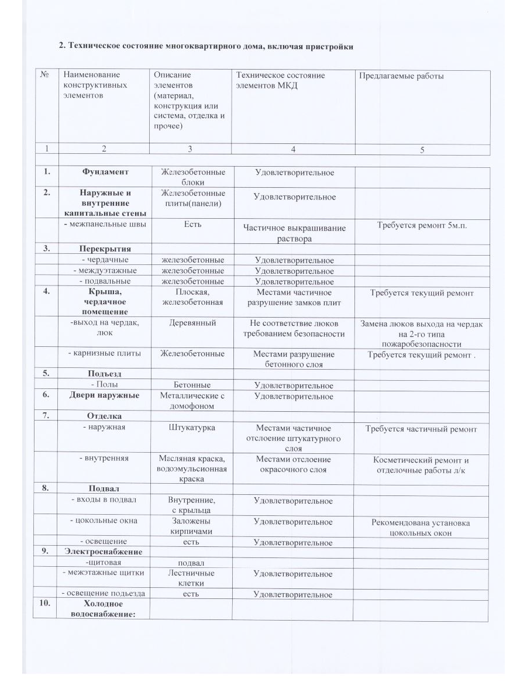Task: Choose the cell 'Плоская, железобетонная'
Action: [x=191, y=297]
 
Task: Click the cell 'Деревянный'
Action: [x=191, y=322]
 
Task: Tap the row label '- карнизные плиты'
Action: [x=105, y=353]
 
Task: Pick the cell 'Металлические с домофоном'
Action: [x=191, y=401]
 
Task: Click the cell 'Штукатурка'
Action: [x=191, y=428]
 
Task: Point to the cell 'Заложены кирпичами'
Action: [x=191, y=526]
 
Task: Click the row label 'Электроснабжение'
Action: [x=104, y=552]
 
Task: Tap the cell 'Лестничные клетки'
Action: [x=191, y=578]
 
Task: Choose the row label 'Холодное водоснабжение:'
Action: [x=104, y=608]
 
